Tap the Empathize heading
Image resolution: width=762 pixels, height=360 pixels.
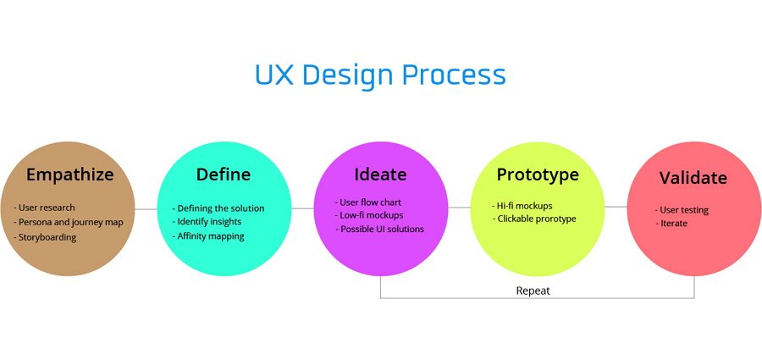[x=70, y=174]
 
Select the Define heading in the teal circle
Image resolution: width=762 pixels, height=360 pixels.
[x=224, y=174]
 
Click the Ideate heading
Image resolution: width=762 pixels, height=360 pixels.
[x=380, y=174]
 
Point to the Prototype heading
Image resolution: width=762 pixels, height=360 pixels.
[x=538, y=174]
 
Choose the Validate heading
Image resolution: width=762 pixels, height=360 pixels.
[x=693, y=178]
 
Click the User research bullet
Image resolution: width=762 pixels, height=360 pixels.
[x=44, y=208]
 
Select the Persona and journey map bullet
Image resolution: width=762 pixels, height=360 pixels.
[x=69, y=223]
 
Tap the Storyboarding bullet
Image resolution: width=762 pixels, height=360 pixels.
[x=45, y=238]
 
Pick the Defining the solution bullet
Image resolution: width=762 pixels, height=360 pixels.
[x=218, y=208]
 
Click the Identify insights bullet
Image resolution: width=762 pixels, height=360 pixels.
[x=207, y=222]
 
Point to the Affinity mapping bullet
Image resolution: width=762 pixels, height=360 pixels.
[x=208, y=236]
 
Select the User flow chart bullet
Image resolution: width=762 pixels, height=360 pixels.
[x=368, y=202]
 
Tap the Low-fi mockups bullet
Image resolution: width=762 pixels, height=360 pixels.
[x=369, y=215]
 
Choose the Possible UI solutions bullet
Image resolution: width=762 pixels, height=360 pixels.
[x=379, y=229]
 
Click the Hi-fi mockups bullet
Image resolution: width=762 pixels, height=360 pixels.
[x=522, y=206]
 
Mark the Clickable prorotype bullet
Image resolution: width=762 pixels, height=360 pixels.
[x=533, y=219]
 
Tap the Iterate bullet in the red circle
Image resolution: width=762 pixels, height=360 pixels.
[x=671, y=224]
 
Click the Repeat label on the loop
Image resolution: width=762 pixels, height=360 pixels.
[x=533, y=291]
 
